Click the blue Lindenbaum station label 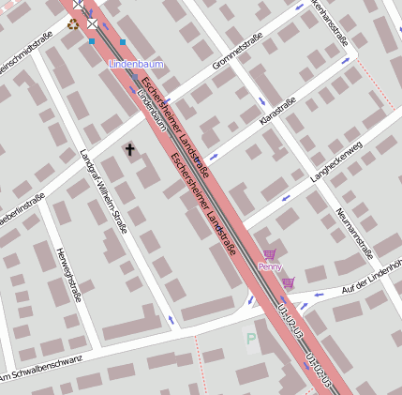click(x=136, y=64)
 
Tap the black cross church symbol click(x=129, y=149)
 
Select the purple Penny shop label click(x=270, y=266)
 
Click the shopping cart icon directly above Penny click(x=270, y=254)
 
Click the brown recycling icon click(x=73, y=23)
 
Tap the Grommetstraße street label click(x=235, y=55)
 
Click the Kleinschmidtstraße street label click(x=28, y=57)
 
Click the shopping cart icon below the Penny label click(x=288, y=281)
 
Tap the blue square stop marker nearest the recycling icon click(x=92, y=41)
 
